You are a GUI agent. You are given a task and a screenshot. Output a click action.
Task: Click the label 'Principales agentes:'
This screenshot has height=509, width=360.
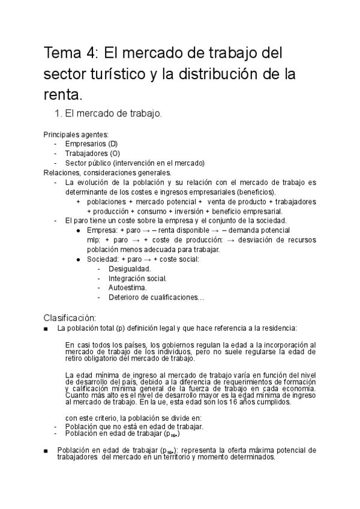pos(76,135)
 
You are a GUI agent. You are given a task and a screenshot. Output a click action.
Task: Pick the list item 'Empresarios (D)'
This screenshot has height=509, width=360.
pos(92,144)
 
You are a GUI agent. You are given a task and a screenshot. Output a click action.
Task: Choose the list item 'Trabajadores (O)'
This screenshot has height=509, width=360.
pos(93,154)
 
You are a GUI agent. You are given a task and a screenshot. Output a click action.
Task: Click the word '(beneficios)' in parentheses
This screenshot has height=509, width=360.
pos(254,191)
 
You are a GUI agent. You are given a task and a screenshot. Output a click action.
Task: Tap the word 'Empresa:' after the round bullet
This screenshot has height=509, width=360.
pos(103,230)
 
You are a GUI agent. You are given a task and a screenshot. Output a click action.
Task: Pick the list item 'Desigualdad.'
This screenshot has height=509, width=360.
pos(130,268)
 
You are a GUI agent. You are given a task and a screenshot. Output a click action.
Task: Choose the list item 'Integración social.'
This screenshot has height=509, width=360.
pos(138,278)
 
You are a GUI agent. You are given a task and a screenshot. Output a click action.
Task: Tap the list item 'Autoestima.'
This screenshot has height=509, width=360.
pos(128,288)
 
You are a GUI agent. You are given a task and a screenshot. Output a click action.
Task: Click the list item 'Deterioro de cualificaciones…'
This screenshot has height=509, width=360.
pos(157,297)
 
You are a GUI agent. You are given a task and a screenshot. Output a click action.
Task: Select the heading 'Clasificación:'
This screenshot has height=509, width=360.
pos(70,317)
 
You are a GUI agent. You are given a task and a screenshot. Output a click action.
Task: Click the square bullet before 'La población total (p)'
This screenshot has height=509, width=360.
pos(46,328)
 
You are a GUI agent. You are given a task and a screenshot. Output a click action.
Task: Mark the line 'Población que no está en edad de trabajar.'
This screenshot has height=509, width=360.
pos(134,426)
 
